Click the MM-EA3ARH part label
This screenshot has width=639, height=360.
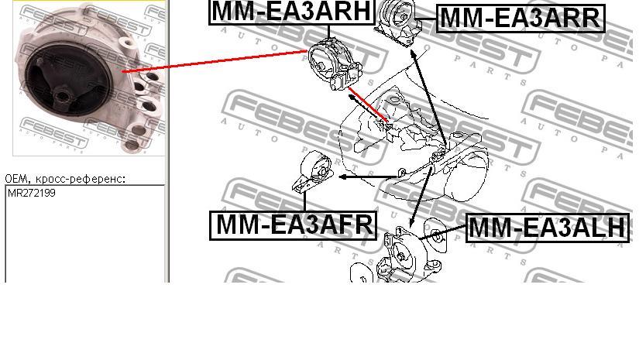pos(291,12)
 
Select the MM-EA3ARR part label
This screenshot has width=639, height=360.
pos(520,19)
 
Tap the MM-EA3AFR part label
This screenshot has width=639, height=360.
pos(293,225)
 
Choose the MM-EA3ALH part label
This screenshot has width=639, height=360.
pos(548,228)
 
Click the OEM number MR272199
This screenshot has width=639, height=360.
pos(32,193)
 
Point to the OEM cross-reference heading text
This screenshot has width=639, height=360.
pos(65,179)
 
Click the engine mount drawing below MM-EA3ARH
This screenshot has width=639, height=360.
pos(335,63)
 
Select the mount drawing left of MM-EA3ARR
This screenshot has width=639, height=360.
pos(398,22)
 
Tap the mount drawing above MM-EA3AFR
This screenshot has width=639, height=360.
pos(314,173)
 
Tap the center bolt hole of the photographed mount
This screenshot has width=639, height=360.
pos(63,98)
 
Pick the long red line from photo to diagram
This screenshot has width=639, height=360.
pos(215,61)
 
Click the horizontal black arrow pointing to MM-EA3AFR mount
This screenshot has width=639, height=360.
pos(368,177)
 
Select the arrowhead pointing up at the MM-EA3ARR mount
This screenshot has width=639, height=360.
pos(414,53)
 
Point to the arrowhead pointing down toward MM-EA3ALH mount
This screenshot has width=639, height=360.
pos(411,223)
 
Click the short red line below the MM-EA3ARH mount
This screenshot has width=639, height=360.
pos(369,105)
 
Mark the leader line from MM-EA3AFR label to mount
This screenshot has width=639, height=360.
pos(305,202)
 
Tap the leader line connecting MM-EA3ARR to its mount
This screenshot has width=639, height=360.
pos(427,19)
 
